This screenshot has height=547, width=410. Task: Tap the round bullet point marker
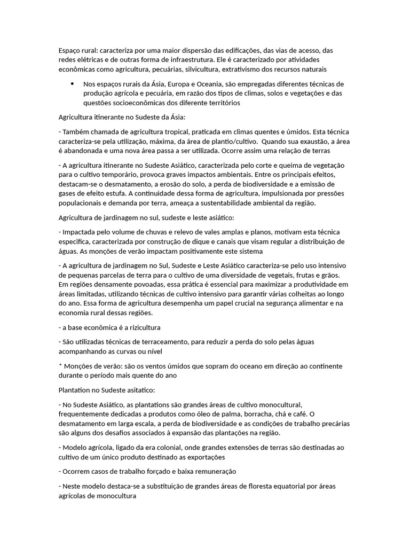click(x=72, y=84)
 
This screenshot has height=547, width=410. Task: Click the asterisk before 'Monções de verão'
click(x=60, y=366)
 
